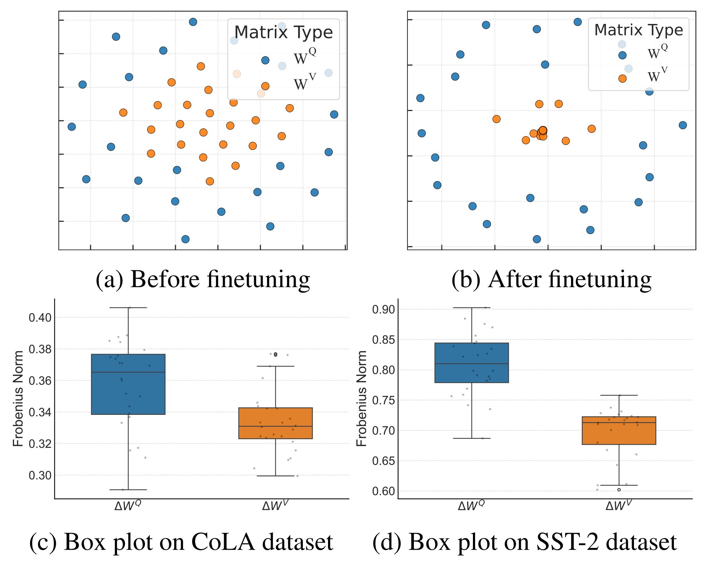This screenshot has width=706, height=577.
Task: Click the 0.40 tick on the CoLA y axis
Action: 40,317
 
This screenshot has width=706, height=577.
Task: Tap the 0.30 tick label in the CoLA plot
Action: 40,476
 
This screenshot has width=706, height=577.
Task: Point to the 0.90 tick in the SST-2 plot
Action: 383,309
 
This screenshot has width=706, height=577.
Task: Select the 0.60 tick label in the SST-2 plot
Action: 383,491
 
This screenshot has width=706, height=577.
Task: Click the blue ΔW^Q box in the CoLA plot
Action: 128,384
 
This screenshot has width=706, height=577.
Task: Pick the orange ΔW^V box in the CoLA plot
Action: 275,423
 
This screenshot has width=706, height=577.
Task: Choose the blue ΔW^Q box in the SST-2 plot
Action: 472,363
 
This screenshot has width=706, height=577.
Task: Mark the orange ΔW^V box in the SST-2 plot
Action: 619,430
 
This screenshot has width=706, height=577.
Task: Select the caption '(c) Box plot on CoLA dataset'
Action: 181,542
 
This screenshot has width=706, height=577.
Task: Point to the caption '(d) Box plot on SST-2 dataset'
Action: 524,542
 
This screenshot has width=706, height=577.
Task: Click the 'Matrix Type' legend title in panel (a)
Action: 284,33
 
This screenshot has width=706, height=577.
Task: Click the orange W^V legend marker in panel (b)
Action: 622,79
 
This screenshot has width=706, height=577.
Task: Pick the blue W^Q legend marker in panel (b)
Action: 622,55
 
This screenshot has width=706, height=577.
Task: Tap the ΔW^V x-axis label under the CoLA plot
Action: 275,505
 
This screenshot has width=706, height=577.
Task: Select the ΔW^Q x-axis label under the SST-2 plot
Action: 472,505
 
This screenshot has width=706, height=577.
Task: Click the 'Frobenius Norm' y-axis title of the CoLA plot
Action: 18,398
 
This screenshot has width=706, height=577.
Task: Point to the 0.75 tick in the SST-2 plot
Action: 383,400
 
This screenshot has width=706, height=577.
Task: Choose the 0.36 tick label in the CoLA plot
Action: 40,381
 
